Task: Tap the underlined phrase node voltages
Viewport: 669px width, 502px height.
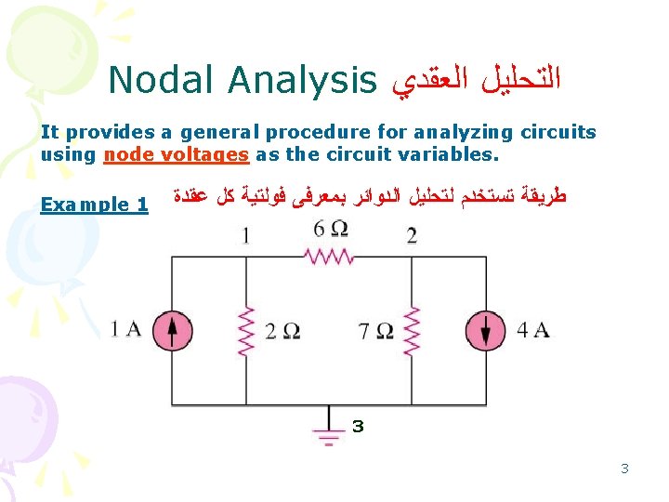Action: pyautogui.click(x=177, y=154)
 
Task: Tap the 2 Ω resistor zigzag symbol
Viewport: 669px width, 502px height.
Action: pyautogui.click(x=246, y=332)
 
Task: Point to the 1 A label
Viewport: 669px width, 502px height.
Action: pyautogui.click(x=125, y=330)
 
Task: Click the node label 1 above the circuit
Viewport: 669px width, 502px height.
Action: pyautogui.click(x=245, y=236)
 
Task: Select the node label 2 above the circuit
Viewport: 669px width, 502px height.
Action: pyautogui.click(x=412, y=236)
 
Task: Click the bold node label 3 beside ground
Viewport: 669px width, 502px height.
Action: pyautogui.click(x=358, y=426)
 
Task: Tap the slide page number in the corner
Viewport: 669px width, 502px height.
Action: pyautogui.click(x=624, y=469)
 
